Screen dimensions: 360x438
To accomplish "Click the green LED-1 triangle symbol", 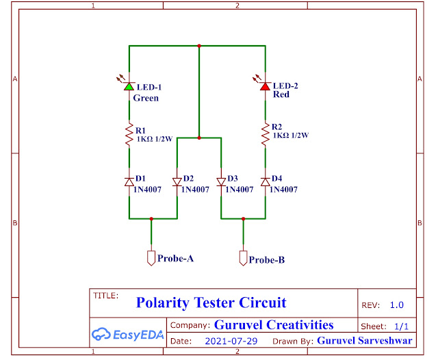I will tap(129, 87).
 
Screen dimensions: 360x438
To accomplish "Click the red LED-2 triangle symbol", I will tap(265, 86).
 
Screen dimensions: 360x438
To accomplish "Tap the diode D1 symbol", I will tap(129, 181).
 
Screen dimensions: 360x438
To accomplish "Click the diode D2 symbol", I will tap(177, 181).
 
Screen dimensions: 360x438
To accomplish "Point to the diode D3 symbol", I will tap(221, 182).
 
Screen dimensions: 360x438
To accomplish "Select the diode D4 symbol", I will tap(265, 181).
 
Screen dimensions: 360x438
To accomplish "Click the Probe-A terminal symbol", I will tap(151, 257).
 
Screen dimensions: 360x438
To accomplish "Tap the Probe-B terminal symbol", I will tap(242, 258).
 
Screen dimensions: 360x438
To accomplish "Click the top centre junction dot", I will tap(198, 46).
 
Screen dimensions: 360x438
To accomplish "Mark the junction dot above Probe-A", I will tap(151, 219).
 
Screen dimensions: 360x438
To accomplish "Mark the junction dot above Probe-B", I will tap(243, 219).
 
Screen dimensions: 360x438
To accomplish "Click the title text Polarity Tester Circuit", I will tap(211, 303).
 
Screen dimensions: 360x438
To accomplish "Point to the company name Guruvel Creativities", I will tap(274, 324).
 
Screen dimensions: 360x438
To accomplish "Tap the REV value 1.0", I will tap(397, 305).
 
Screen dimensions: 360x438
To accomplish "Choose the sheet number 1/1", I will tap(401, 326).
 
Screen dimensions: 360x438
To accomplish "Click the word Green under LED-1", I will tap(146, 98).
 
